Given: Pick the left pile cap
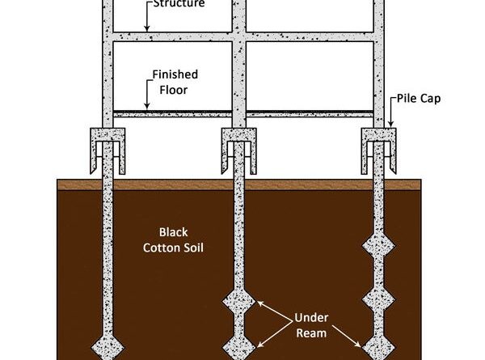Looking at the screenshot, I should tap(107, 144).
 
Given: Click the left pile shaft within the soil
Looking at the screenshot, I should tap(107, 259).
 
